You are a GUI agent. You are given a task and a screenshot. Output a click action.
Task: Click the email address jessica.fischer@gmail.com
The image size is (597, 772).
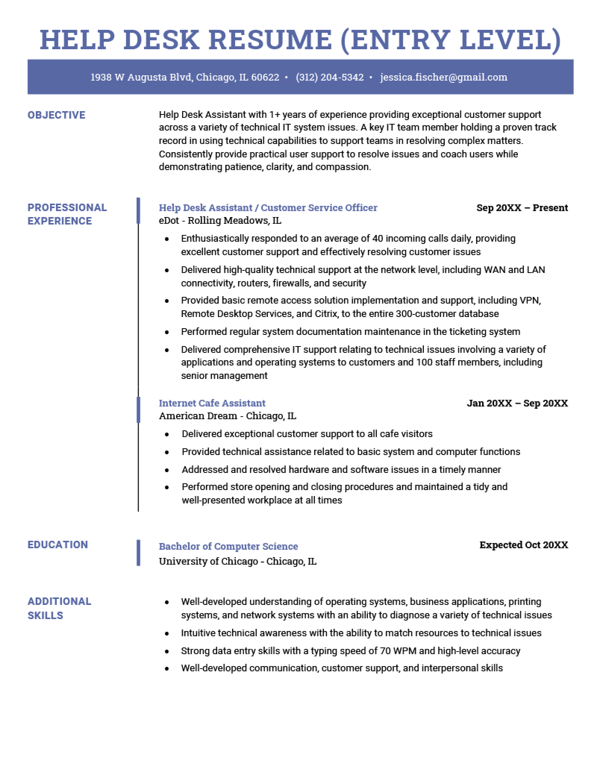444,78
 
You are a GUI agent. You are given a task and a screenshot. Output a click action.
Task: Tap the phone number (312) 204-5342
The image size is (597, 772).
329,78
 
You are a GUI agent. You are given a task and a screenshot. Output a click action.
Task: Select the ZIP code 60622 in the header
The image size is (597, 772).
265,78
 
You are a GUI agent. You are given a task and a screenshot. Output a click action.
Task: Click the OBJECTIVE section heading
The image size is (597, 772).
56,115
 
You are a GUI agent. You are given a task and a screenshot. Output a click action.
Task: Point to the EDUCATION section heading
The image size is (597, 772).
57,545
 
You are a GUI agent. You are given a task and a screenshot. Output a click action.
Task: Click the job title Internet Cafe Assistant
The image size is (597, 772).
212,403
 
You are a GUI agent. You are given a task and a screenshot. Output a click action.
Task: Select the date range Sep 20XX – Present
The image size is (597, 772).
522,208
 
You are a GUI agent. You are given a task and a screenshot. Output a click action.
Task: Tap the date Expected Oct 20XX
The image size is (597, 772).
523,545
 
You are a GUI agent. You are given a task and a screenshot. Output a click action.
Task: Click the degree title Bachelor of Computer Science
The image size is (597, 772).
228,546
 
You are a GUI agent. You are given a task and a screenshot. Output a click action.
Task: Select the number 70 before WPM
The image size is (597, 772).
385,651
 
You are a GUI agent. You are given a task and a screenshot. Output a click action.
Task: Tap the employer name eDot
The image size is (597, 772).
169,221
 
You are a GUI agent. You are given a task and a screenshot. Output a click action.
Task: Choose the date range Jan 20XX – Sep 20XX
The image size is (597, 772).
517,403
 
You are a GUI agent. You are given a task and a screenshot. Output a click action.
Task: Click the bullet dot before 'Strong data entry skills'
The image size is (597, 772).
167,652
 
